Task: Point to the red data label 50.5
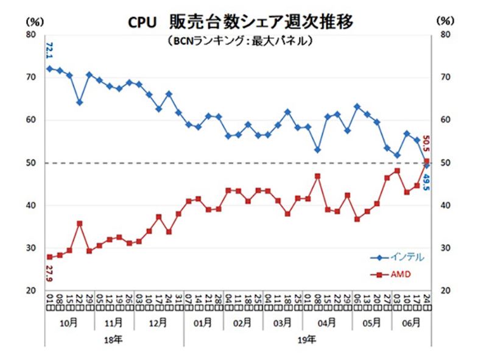[426, 146]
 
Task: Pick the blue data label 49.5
[426, 180]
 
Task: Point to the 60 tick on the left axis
[30, 120]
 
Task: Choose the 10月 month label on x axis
[68, 322]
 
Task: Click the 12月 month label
[158, 322]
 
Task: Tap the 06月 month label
[411, 322]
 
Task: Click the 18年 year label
[113, 338]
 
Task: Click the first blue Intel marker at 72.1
[49, 68]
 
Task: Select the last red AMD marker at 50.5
[427, 161]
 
